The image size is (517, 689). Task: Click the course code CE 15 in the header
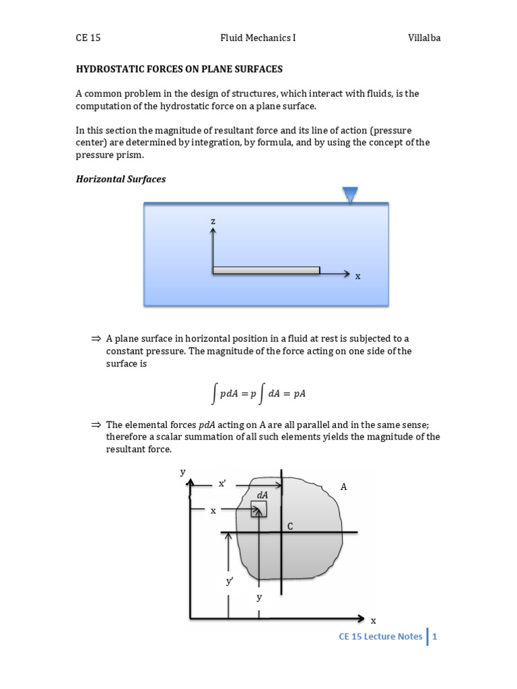(x=88, y=38)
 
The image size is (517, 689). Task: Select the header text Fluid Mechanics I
(x=258, y=38)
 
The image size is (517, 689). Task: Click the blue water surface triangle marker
(x=350, y=194)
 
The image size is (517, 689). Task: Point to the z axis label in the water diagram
(x=213, y=221)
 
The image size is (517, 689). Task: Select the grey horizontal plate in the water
(x=266, y=270)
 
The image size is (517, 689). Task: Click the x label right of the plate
(x=358, y=276)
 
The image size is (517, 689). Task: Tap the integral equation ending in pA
(x=258, y=394)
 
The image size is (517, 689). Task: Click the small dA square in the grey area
(x=259, y=509)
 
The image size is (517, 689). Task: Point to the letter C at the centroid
(x=290, y=526)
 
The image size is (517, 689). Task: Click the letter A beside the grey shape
(x=344, y=486)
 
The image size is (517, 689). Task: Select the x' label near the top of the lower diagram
(x=223, y=484)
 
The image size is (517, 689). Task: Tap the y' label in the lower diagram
(x=230, y=581)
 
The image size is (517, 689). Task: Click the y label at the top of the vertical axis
(x=182, y=472)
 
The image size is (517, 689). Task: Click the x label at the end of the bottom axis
(x=373, y=620)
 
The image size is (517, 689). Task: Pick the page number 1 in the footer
(x=435, y=637)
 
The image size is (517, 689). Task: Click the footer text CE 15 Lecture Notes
(x=380, y=637)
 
